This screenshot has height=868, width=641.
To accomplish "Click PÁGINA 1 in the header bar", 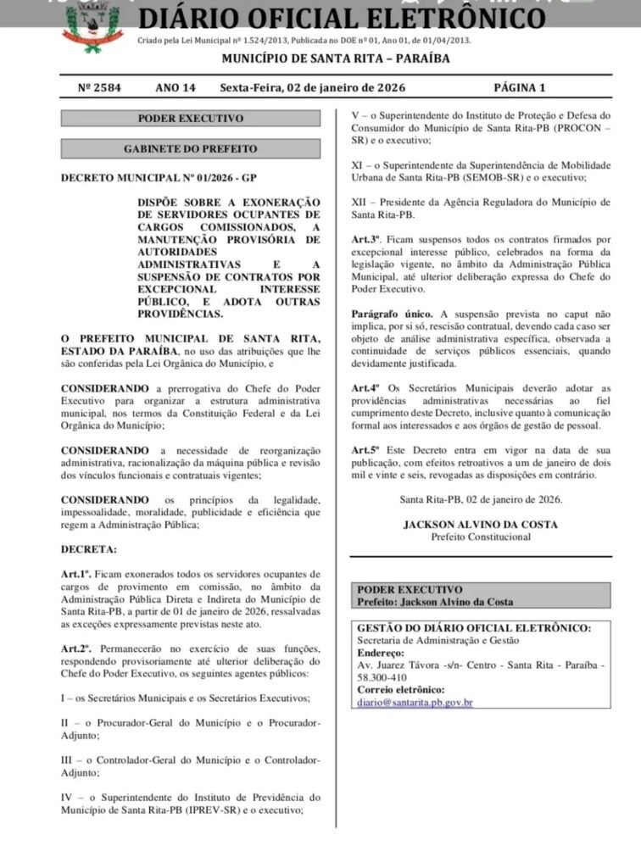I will point(519,87).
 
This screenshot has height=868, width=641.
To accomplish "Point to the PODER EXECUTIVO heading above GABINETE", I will point(190,119).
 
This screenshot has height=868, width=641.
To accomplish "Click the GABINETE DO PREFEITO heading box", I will point(190,149).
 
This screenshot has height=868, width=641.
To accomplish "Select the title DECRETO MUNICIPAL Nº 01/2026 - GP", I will point(158,179).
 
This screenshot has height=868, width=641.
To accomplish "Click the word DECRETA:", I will point(89,549).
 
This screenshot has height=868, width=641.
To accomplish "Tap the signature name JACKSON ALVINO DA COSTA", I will point(480,525).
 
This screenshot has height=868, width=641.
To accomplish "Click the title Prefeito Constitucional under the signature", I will point(480,537).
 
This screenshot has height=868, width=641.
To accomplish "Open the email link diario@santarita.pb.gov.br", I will point(415,703).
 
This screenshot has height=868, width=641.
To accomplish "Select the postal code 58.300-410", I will point(385,678).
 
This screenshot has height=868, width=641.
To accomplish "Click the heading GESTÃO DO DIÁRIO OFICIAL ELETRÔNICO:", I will point(473,628).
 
